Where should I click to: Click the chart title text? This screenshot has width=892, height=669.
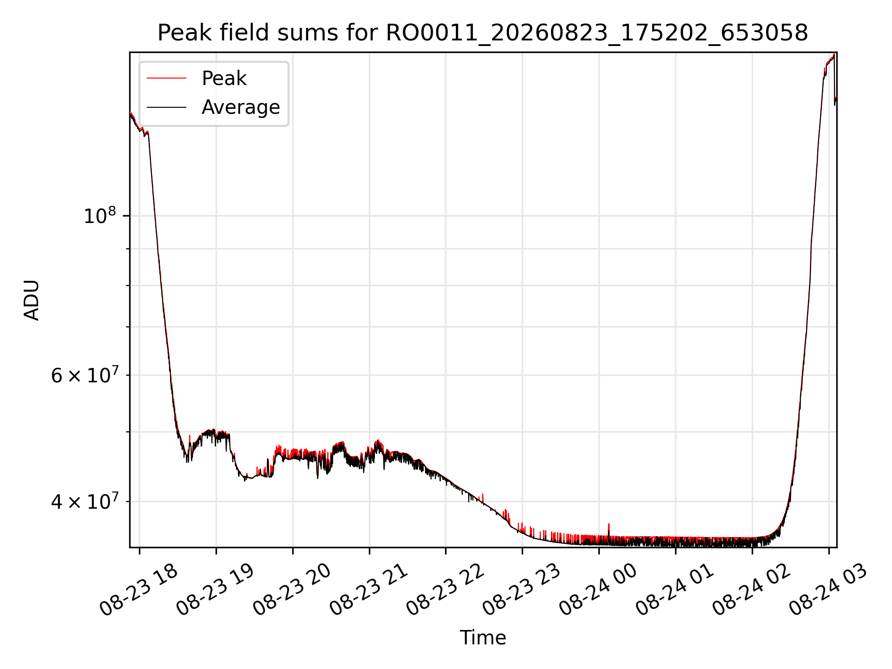pos(483,33)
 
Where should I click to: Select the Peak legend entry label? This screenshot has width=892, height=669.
pos(224,79)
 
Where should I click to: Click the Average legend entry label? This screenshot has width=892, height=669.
pos(241,107)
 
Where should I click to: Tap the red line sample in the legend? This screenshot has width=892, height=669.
pos(166,79)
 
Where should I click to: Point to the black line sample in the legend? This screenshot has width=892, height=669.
pos(166,107)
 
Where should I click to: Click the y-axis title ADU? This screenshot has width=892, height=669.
pos(32,300)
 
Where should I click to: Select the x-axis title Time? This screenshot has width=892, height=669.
pos(483,637)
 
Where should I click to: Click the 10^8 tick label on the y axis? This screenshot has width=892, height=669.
pos(99,216)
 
